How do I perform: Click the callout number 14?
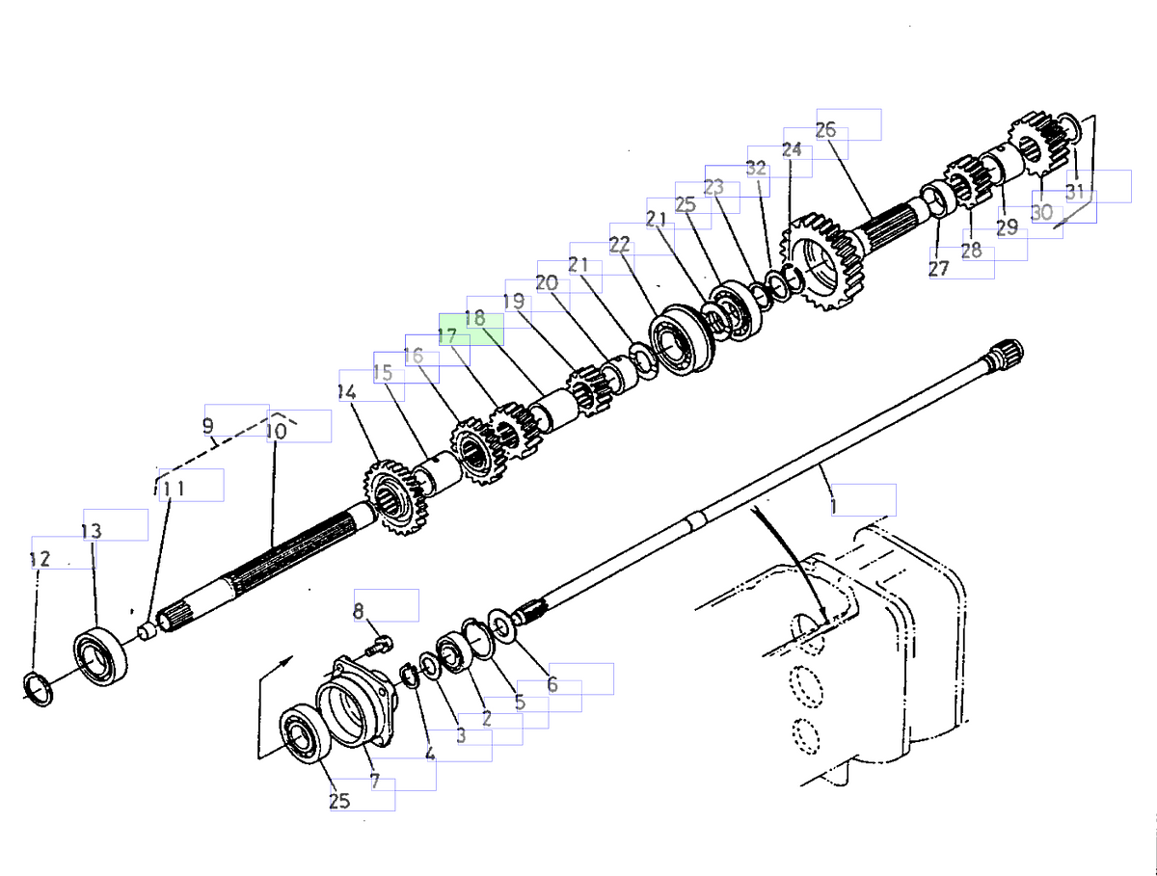tap(347, 392)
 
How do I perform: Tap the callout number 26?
tap(826, 130)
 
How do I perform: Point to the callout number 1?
tap(834, 505)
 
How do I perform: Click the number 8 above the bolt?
tap(359, 610)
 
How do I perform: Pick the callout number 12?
tap(40, 559)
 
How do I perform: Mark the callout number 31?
tap(1074, 190)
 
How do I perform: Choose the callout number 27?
tap(938, 269)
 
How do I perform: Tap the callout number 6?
tap(552, 684)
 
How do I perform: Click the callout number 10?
tap(276, 432)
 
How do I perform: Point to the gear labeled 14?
tap(393, 497)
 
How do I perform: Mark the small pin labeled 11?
tap(148, 632)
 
